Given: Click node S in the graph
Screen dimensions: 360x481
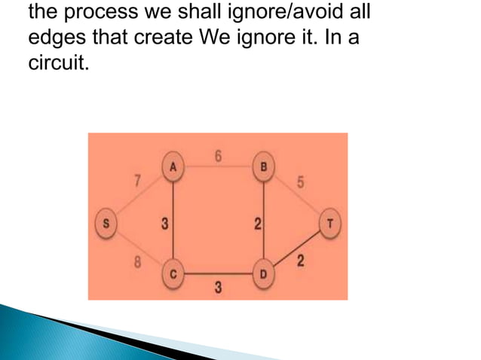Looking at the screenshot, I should [x=106, y=223].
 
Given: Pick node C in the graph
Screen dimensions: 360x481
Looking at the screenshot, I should [x=173, y=274].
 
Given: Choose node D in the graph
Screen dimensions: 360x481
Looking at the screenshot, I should [x=263, y=274].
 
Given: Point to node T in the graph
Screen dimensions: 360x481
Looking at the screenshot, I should [x=330, y=223].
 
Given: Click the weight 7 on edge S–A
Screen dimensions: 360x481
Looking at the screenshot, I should [x=137, y=182].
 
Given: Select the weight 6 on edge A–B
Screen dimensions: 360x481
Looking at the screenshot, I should [x=219, y=156].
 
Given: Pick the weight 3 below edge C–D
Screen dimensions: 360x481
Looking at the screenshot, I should [x=217, y=289].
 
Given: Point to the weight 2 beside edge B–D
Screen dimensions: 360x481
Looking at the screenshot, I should [x=257, y=223].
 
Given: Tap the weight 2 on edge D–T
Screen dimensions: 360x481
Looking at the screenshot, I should [x=301, y=261].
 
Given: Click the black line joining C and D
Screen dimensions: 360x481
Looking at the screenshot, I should [x=218, y=274].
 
